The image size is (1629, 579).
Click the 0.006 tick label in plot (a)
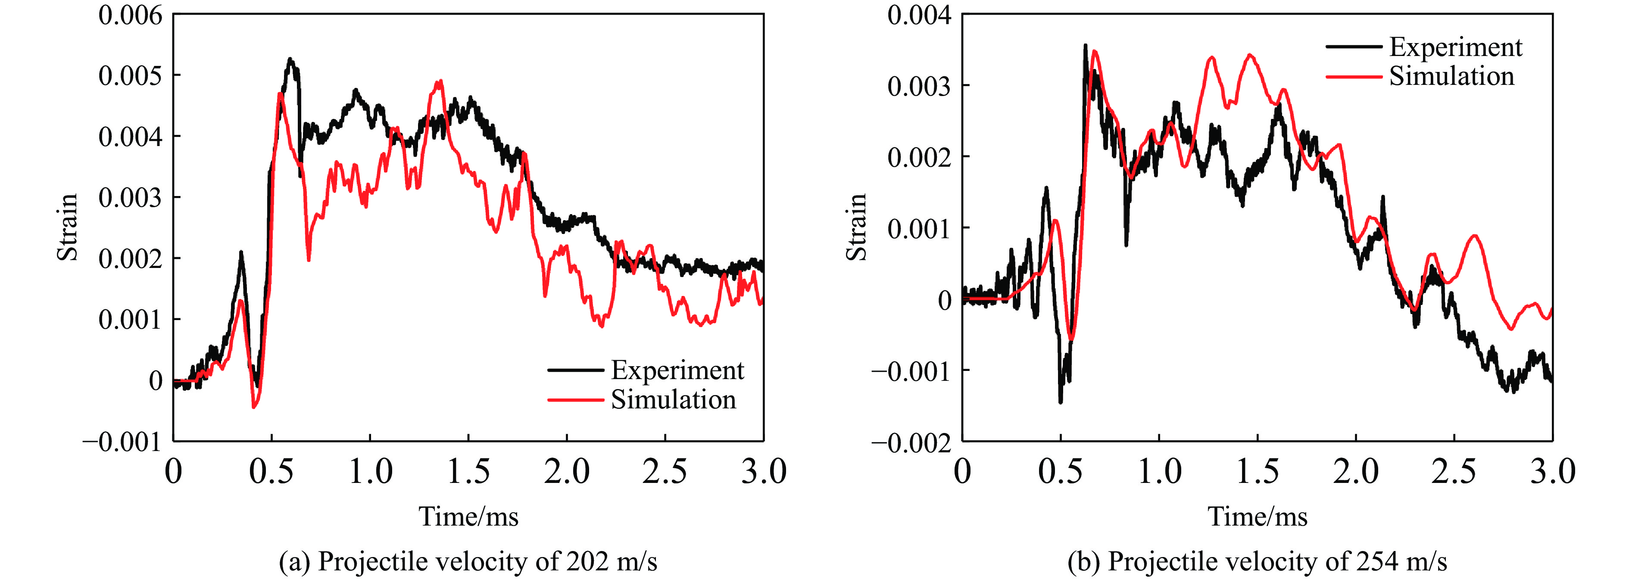tap(130, 15)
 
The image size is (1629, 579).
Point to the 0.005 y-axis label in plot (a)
tap(130, 76)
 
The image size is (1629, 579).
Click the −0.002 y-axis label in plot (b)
tap(911, 442)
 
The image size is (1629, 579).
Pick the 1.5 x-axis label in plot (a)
tap(468, 472)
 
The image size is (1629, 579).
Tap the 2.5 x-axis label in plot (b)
tap(1454, 472)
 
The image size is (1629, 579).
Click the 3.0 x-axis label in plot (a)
tap(763, 472)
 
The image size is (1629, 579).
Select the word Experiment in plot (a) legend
tap(677, 370)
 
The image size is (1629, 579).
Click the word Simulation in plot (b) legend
tap(1451, 77)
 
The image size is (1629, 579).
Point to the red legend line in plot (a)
tap(575, 399)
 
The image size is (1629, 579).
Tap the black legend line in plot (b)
tap(1353, 47)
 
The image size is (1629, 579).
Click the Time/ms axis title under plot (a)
tap(468, 517)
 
